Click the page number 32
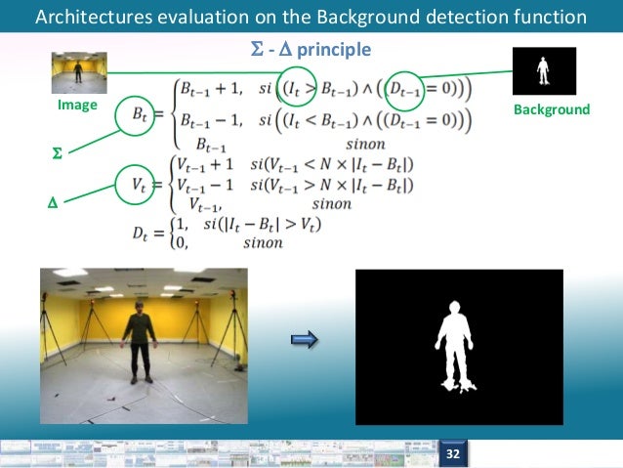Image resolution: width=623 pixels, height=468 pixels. pos(453,454)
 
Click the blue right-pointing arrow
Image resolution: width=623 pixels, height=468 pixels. pos(306,339)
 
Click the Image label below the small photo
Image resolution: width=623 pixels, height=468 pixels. pos(76,104)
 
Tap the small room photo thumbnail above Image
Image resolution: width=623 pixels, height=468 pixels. pos(77,71)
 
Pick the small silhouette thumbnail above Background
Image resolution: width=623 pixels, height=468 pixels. pos(544,70)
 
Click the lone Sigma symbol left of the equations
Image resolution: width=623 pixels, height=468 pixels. pos(56,154)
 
